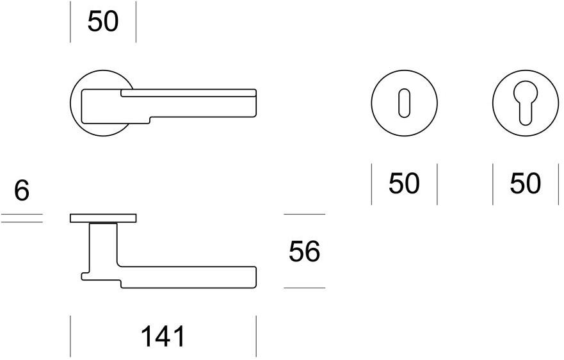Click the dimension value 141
163,336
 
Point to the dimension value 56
304,252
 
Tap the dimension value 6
22,191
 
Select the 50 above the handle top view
103,22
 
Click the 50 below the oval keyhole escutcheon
404,184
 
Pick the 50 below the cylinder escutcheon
525,184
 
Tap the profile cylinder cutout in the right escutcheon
525,102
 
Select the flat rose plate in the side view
103,218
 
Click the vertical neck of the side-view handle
103,247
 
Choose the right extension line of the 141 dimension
256,336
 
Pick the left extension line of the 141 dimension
70,336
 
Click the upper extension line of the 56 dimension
304,214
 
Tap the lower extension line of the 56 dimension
304,288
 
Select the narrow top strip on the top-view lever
189,94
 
